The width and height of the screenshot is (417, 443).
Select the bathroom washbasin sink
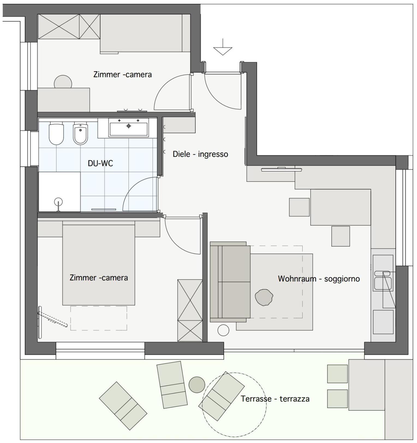[x=129, y=127]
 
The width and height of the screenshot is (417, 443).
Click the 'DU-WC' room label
[x=100, y=163]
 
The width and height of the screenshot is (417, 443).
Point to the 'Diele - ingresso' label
[x=200, y=154]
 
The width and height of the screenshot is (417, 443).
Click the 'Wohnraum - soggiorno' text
[x=319, y=279]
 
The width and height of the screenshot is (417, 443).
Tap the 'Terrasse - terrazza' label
[x=275, y=399]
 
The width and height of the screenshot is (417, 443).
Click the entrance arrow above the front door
[x=223, y=47]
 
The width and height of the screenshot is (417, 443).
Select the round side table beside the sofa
[x=223, y=330]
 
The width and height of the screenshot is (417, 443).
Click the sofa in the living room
[x=230, y=282]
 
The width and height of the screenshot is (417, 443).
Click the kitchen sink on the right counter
[x=383, y=280]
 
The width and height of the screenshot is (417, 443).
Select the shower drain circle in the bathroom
[x=58, y=202]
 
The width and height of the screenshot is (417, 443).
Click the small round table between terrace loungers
[x=197, y=385]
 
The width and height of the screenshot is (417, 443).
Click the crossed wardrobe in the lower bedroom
[x=190, y=310]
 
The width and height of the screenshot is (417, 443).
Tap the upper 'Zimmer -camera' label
[x=123, y=74]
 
